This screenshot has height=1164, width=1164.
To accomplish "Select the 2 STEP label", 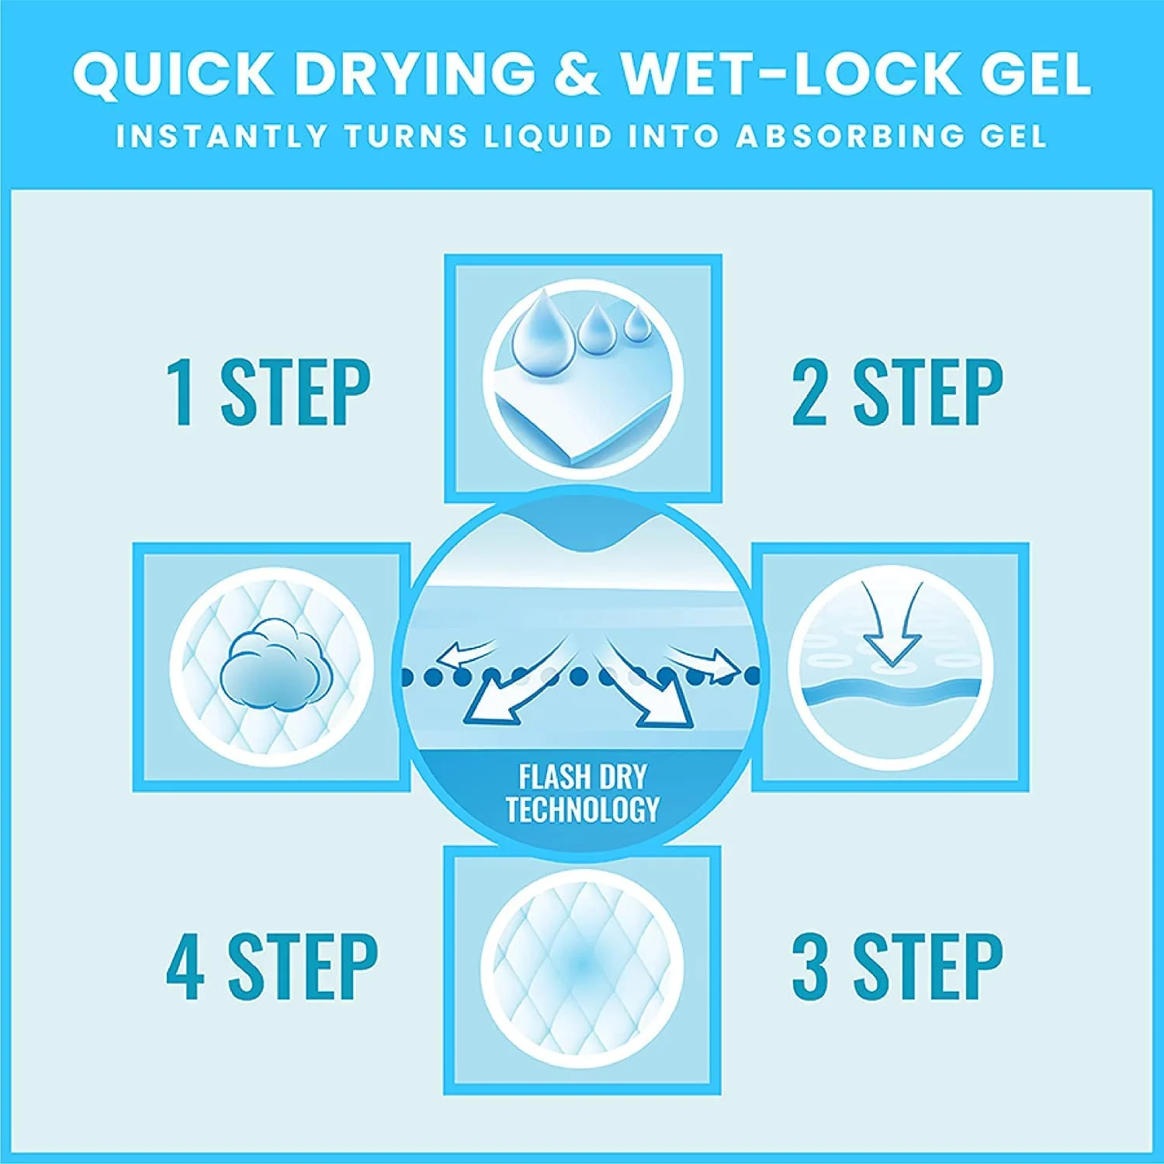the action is tap(897, 392).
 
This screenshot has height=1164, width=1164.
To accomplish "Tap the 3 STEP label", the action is tap(897, 967).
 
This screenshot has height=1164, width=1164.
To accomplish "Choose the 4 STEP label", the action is tap(272, 967).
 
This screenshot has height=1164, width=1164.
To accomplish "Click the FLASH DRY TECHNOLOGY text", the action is tap(583, 794).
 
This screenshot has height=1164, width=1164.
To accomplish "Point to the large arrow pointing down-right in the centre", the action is tap(646, 683).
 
